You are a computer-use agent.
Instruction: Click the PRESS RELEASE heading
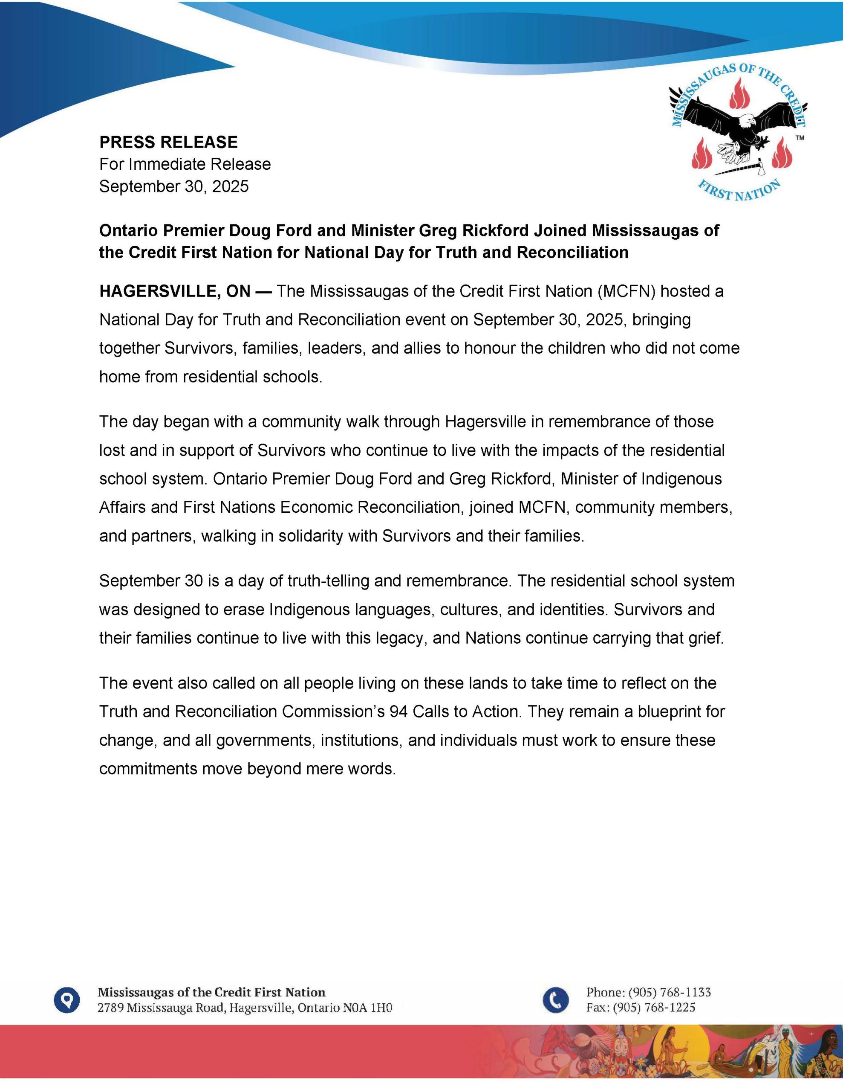tap(168, 142)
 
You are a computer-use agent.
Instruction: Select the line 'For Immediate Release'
tap(185, 164)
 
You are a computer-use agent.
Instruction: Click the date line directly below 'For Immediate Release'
tap(174, 186)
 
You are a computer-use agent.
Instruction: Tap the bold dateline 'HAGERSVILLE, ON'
tap(175, 291)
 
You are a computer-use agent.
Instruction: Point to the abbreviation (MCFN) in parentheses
tap(626, 291)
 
